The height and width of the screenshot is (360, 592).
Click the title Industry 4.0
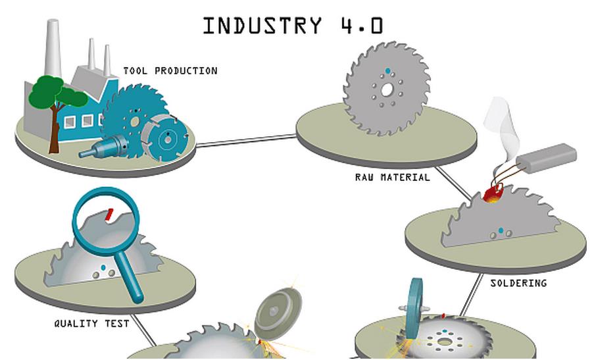point(293,25)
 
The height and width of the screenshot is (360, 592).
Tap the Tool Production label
point(170,70)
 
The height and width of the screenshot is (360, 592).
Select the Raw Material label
point(392,177)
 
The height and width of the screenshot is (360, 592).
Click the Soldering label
point(518,283)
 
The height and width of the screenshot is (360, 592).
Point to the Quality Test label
point(91,323)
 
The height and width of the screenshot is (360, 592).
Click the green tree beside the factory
point(55,96)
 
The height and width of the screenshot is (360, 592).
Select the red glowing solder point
point(492,193)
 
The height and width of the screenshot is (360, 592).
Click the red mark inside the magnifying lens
point(110,213)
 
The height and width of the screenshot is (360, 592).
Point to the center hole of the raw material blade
point(387,89)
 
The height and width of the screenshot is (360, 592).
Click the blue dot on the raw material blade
point(387,70)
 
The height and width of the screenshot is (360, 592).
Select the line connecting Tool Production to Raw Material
point(247,140)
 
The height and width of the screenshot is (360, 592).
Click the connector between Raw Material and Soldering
point(454,182)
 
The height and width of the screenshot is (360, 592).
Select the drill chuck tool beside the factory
point(99,147)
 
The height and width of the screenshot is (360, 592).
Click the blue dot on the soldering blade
point(501,230)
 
